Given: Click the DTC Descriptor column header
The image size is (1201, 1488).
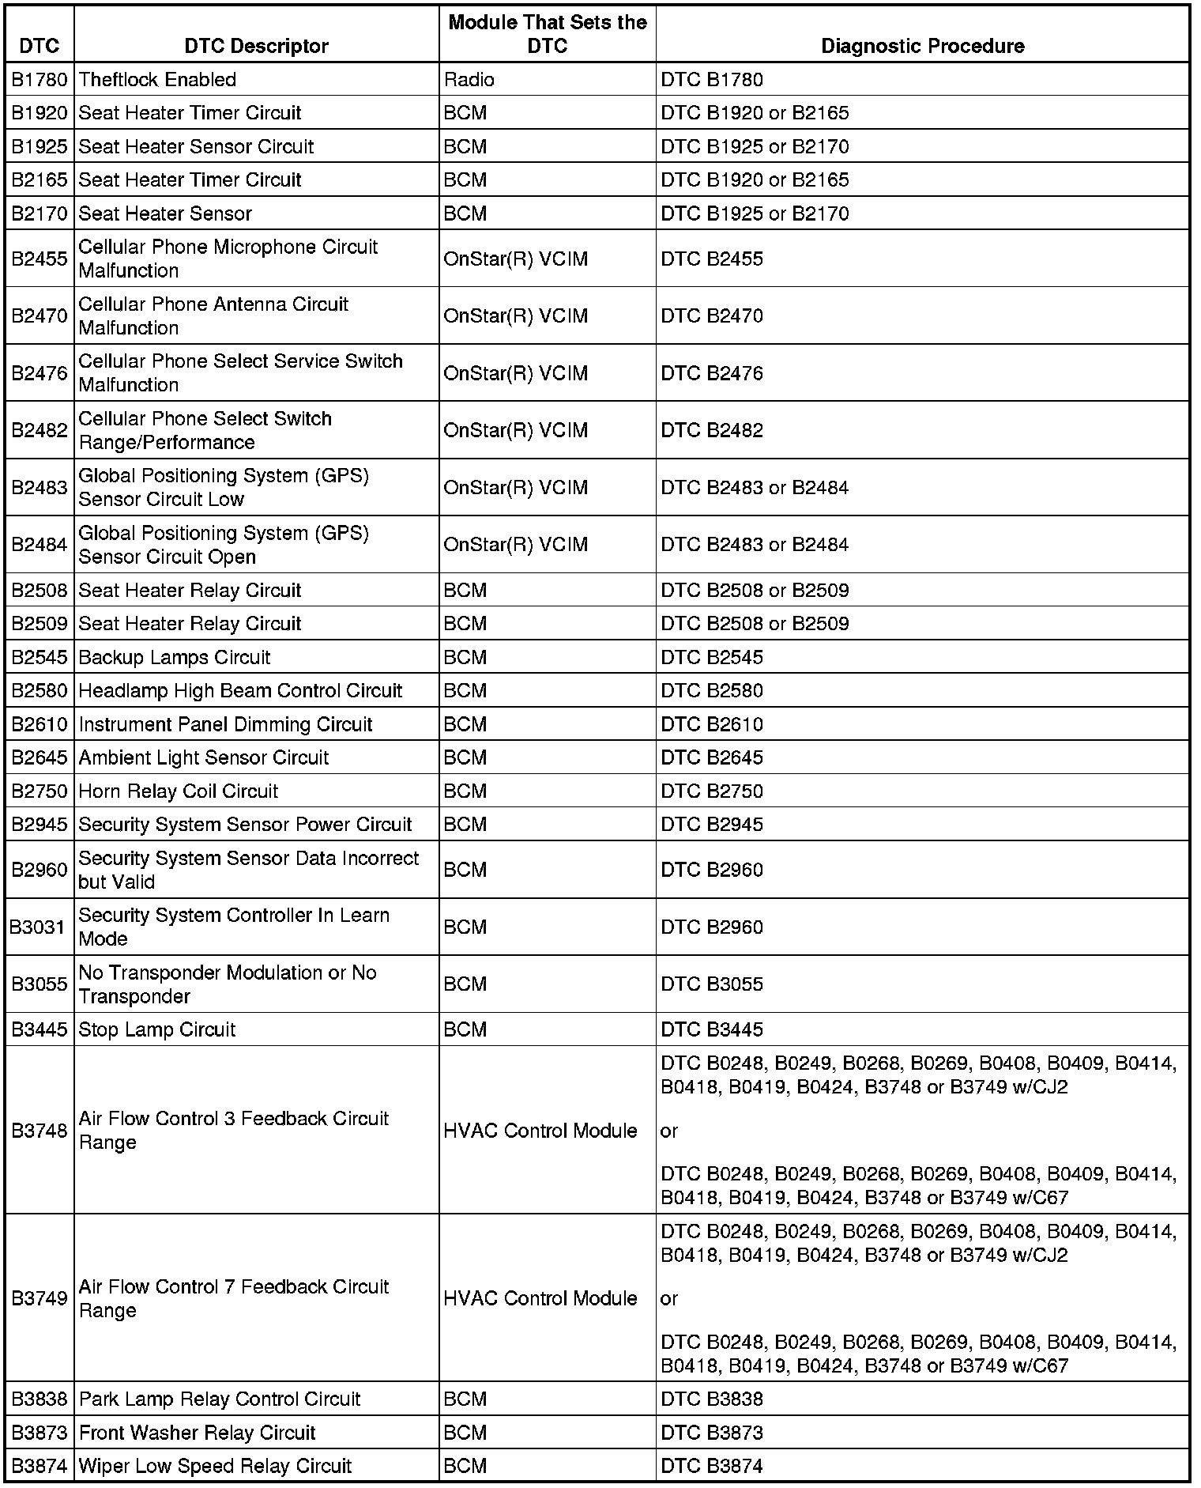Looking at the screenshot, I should coord(256,46).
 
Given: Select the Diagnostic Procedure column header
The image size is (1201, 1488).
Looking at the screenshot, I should coord(922,46).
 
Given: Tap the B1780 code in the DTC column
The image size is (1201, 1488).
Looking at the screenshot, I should coord(40,80).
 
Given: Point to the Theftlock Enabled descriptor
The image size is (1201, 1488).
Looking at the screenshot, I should coord(157,80).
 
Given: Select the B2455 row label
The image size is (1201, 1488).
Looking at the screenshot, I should coord(40,259).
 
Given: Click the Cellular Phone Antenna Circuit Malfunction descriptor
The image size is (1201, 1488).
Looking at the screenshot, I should coord(213,315).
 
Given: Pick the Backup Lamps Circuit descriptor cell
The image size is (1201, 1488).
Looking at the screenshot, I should coord(175,657).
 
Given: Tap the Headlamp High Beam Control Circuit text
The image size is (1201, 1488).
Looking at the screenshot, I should coord(240,690).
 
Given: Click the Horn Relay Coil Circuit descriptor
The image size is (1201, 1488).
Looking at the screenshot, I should coord(179,791).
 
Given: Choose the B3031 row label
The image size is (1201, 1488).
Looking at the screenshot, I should coord(37,927).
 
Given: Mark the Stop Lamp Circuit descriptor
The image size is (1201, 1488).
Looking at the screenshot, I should coord(157,1029).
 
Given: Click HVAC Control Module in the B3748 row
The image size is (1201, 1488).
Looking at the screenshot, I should coord(540,1131).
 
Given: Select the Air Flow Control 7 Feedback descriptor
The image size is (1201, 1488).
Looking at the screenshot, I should coord(234,1298).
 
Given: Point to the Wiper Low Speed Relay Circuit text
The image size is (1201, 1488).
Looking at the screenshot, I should coord(215,1466).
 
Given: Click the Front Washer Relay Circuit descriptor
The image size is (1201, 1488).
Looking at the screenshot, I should coord(197,1433).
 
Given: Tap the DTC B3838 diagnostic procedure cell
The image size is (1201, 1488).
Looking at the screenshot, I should coord(712,1399).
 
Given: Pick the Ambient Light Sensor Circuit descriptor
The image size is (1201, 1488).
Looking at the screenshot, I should coord(204,757).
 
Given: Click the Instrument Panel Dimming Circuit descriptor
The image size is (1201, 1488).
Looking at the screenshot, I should coord(225,724).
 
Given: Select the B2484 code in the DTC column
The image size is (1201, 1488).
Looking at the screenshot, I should coord(40,545).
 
